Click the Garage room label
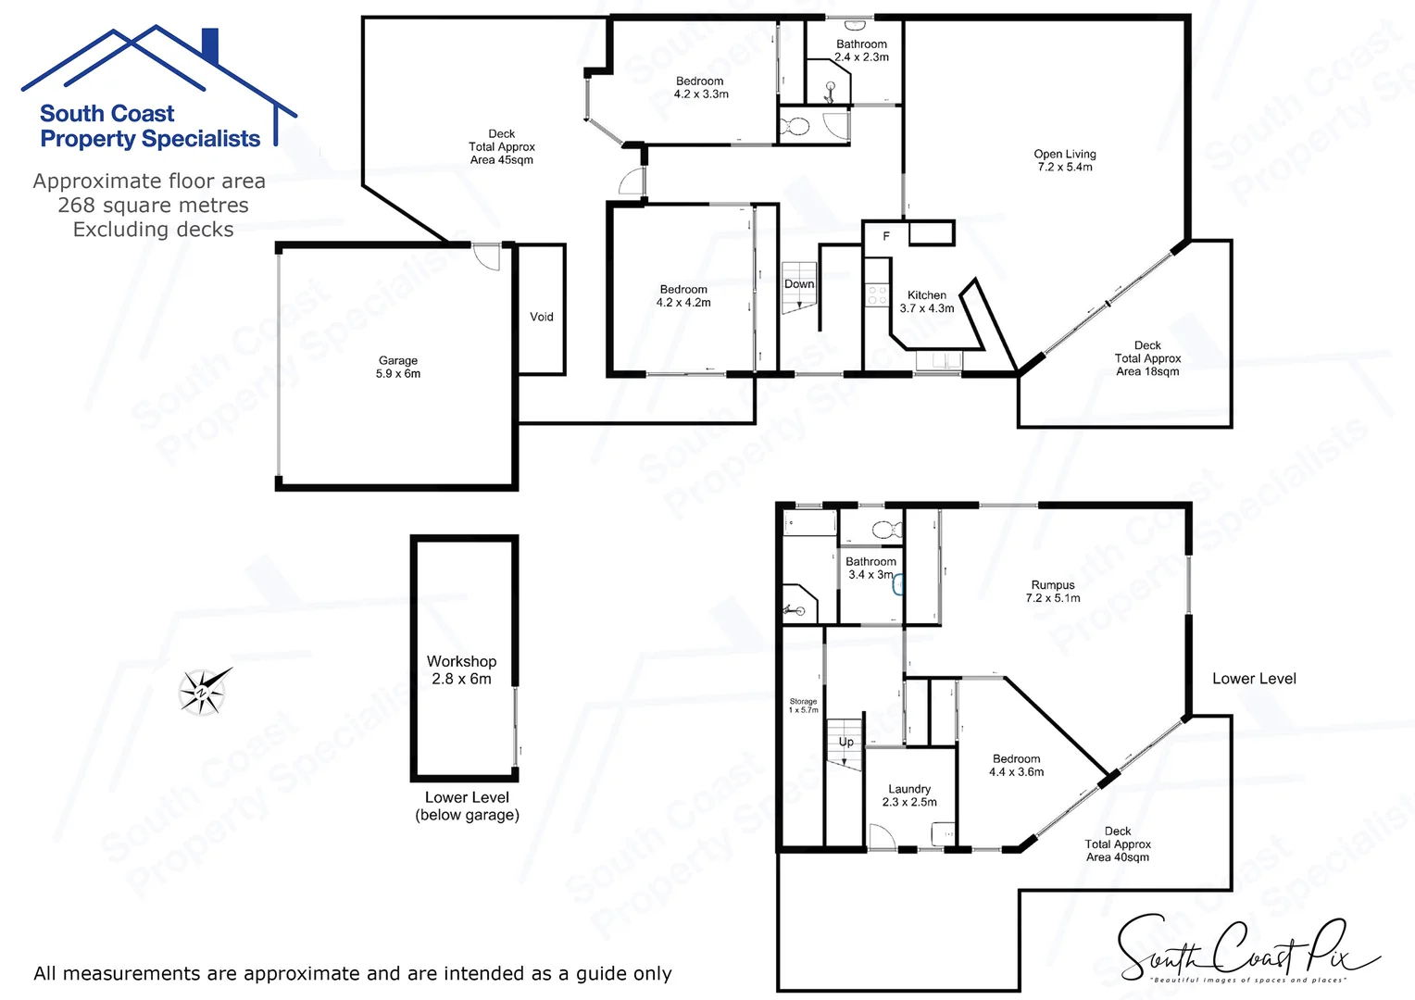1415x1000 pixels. point(398,367)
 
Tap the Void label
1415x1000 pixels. point(542,317)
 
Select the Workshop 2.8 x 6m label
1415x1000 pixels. point(461,669)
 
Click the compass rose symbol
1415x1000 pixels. point(204,691)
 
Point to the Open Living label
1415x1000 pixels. point(1065,160)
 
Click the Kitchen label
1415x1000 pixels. point(927,301)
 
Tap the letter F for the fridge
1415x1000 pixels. point(886,236)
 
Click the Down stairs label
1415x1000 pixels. point(799,284)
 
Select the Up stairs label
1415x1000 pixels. point(846,742)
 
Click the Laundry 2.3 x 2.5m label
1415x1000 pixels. point(909,795)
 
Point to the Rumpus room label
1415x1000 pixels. point(1053,591)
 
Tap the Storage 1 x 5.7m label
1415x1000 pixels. point(803,706)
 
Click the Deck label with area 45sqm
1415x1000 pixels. point(502,146)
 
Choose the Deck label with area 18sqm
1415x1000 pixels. point(1147,358)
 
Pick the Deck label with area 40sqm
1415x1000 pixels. point(1118,844)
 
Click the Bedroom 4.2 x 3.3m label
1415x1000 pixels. point(701,87)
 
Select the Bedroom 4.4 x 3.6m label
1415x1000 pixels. point(1016,765)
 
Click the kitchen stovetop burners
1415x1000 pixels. point(876,294)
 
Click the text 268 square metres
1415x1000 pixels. point(153,206)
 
